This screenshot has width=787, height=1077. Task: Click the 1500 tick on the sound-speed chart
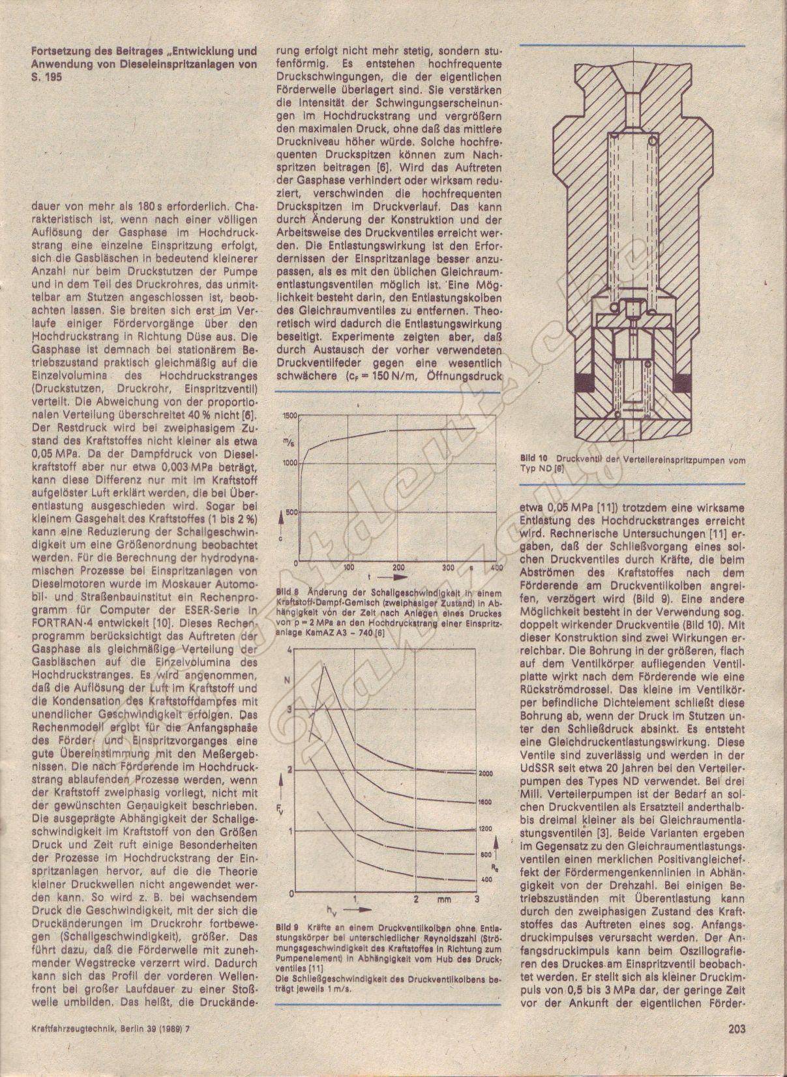pyautogui.click(x=288, y=415)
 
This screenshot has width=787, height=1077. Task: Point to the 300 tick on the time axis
pyautogui.click(x=449, y=567)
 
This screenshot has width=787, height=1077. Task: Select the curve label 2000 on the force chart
pyautogui.click(x=486, y=773)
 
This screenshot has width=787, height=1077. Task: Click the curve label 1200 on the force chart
pyautogui.click(x=486, y=829)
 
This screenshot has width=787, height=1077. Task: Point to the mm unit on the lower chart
pyautogui.click(x=447, y=900)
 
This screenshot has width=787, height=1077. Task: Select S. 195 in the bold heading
pyautogui.click(x=44, y=75)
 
